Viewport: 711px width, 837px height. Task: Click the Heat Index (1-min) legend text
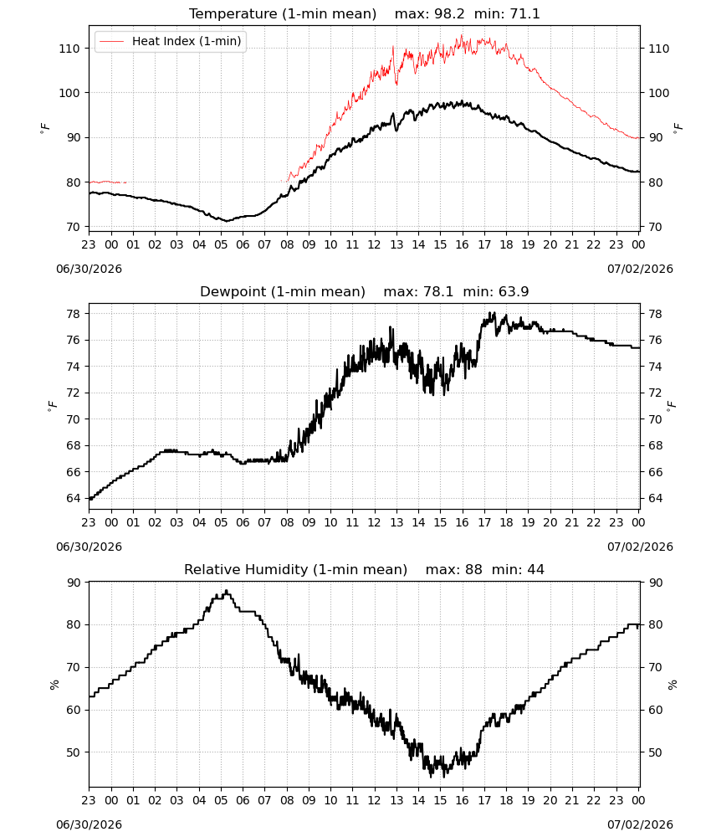(187, 41)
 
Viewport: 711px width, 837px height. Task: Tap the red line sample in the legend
(111, 41)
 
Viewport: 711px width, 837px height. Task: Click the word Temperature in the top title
(233, 14)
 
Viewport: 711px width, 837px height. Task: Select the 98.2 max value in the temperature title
(450, 14)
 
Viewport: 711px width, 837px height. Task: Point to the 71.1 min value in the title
(524, 14)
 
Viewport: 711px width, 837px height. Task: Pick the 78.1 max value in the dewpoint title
(438, 292)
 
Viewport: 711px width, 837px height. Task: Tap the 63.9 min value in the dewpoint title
(514, 292)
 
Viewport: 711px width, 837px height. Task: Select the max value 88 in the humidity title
(473, 570)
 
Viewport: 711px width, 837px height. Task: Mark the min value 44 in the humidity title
(535, 570)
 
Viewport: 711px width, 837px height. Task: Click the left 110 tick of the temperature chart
(69, 49)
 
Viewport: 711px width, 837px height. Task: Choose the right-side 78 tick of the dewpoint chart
(655, 314)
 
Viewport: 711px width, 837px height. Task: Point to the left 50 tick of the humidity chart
(74, 752)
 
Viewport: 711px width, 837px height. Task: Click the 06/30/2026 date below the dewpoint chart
(89, 547)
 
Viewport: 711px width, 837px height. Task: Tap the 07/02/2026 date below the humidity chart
(640, 824)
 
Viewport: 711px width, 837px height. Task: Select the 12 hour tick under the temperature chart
(375, 244)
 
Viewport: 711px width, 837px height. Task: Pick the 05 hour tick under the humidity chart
(221, 801)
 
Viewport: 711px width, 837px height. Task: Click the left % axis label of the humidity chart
(54, 685)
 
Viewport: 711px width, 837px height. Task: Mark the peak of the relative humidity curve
(227, 590)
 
